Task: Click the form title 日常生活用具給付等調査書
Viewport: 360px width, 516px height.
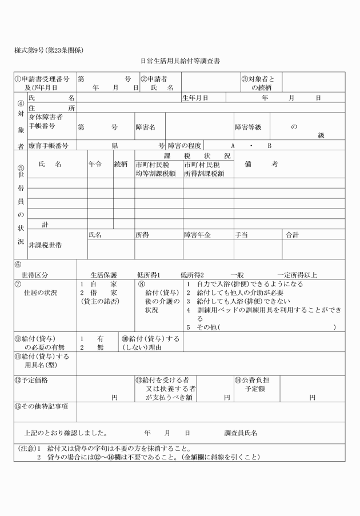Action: (x=180, y=60)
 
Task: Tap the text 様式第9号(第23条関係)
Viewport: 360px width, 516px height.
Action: (x=50, y=50)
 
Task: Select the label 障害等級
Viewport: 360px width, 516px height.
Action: (x=248, y=127)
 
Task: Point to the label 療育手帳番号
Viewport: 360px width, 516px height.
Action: (x=49, y=146)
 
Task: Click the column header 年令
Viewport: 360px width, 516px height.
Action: (x=95, y=164)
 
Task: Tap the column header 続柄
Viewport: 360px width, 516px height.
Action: (x=121, y=164)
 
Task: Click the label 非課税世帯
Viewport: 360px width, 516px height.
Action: (x=46, y=245)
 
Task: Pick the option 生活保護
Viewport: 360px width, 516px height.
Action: (x=103, y=274)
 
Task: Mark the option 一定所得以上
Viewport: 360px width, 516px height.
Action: (x=297, y=274)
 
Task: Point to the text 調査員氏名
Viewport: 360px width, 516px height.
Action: (x=241, y=433)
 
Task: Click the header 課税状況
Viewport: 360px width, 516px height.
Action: (x=184, y=155)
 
